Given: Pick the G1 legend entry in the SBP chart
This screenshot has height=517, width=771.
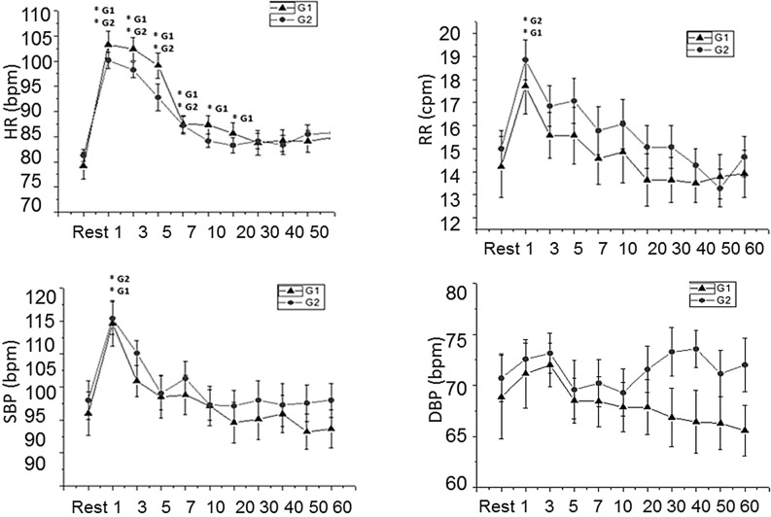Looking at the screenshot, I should click(x=303, y=291).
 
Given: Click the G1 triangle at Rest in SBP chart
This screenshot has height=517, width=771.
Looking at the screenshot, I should click(x=88, y=413).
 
